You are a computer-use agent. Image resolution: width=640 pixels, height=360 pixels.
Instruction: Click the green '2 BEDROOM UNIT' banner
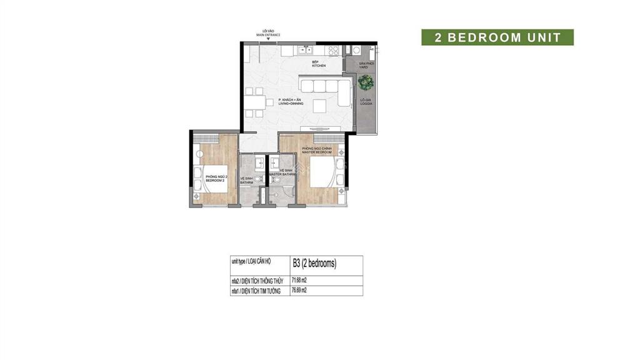click(x=497, y=37)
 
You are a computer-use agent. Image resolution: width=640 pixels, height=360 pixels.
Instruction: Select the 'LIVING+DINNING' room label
click(x=291, y=102)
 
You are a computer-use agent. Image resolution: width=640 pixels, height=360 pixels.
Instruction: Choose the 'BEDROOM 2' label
click(x=216, y=180)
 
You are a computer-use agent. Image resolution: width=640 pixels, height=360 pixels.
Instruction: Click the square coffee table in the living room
click(x=320, y=104)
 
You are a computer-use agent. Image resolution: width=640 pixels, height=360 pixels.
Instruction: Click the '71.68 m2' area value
click(x=302, y=281)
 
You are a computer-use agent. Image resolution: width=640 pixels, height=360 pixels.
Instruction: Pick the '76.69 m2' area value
click(x=302, y=291)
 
